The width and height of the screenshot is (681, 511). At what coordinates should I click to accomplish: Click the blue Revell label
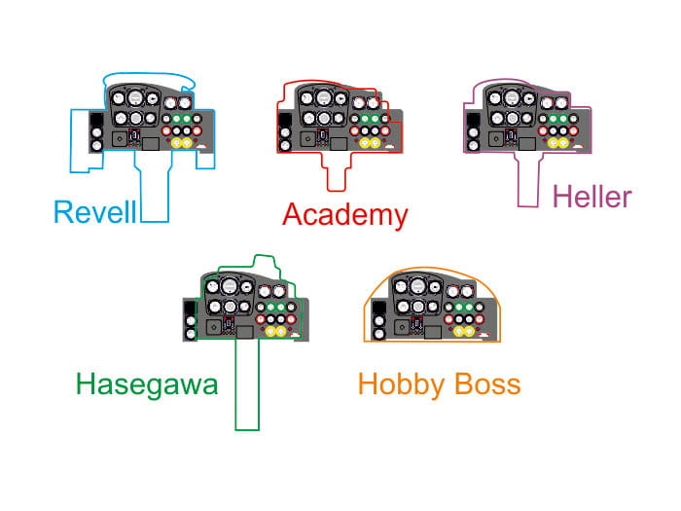coord(94,212)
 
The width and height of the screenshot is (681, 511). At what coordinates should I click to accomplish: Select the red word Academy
coord(344,214)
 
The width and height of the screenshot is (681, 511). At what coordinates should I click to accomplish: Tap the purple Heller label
coord(591,198)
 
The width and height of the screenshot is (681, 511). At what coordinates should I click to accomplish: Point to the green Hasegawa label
coord(146,384)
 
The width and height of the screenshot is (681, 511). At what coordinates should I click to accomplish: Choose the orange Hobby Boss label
coord(439,383)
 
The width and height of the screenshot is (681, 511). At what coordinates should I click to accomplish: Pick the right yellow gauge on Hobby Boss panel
coord(475,333)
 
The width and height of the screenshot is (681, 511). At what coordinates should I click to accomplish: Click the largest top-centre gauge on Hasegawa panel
coord(230,288)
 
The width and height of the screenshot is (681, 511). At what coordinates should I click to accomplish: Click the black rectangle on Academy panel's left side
coord(284,123)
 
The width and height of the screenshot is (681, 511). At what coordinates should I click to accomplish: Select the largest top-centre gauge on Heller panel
coord(505,98)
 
